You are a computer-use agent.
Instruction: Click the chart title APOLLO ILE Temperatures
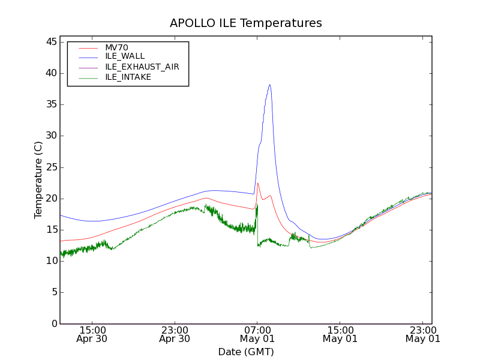[246, 23]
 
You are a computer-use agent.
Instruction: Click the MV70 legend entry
[116, 47]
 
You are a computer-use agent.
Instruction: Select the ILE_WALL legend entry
[125, 56]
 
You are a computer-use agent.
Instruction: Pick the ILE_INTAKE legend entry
[128, 77]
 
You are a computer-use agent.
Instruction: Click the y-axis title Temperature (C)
[38, 180]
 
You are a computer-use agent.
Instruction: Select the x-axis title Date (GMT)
[246, 352]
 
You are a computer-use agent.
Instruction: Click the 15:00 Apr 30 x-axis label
[92, 334]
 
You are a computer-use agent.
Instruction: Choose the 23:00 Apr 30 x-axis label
[175, 334]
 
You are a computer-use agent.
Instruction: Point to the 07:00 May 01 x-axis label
[257, 334]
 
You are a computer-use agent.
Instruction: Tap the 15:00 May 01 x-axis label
[340, 334]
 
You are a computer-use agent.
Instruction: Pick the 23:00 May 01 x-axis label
[422, 334]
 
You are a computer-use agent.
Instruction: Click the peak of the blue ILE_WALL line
[270, 85]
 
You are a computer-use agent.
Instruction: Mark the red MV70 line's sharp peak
[258, 184]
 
